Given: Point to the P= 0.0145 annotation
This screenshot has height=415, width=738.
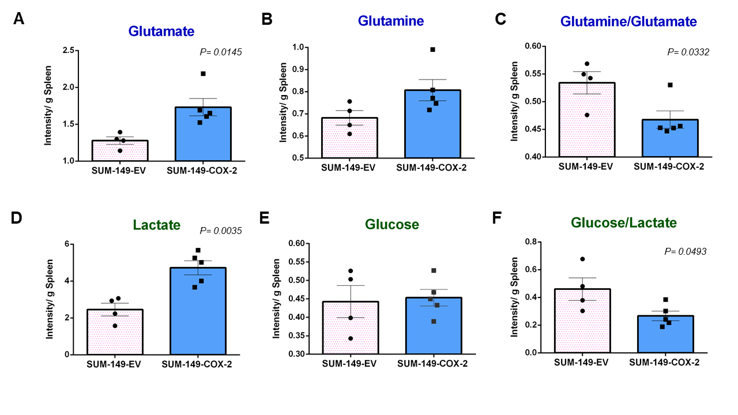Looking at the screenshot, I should click(221, 52).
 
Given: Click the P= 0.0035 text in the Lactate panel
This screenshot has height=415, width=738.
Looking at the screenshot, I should click(221, 231).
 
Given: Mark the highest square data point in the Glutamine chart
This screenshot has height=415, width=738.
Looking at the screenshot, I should click(432, 50).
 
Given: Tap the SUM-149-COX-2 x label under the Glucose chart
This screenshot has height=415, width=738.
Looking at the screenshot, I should click(432, 363).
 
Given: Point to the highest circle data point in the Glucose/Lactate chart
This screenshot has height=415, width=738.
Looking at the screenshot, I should click(582, 259).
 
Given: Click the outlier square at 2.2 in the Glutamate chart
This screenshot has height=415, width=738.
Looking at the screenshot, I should click(203, 74).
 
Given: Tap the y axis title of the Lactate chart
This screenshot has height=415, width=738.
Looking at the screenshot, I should click(50, 299).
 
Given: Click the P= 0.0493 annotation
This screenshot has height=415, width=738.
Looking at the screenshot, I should click(686, 251).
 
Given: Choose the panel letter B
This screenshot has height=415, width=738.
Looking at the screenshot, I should click(267, 19).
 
